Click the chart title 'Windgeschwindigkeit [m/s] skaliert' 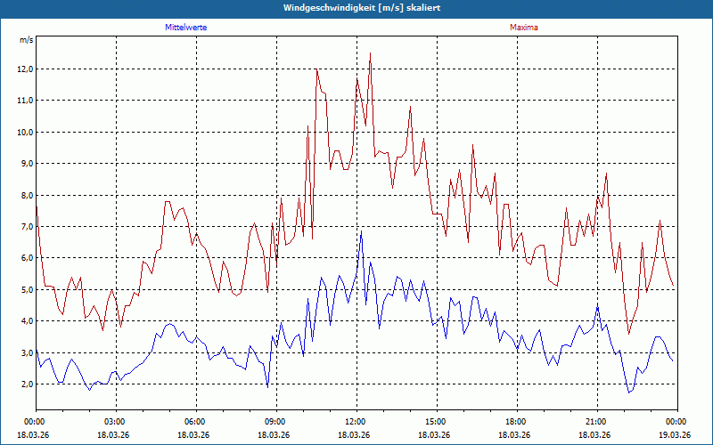(x=356, y=8)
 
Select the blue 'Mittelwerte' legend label (x=185, y=28)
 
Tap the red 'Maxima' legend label (x=523, y=28)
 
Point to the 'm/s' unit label (x=26, y=41)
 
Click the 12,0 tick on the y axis (x=25, y=69)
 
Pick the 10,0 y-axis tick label (x=25, y=133)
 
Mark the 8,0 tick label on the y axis (x=25, y=196)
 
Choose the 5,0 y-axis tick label (x=25, y=290)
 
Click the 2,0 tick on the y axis (x=25, y=384)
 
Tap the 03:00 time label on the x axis (x=115, y=422)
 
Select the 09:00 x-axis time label (x=275, y=422)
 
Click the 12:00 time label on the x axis (x=356, y=422)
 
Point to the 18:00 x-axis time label (x=516, y=422)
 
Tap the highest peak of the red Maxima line (x=370, y=53)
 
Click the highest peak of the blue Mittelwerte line (x=362, y=231)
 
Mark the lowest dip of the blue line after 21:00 (x=628, y=392)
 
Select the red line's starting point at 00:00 (x=36, y=206)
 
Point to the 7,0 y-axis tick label (x=25, y=227)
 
